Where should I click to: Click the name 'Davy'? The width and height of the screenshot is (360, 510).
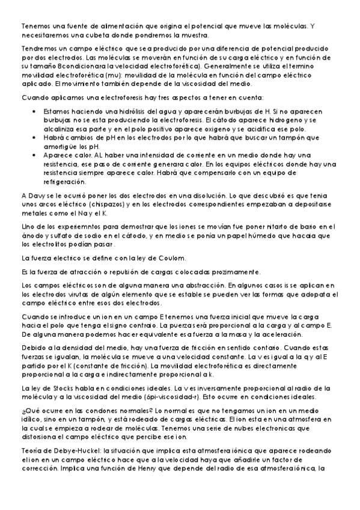click(x=37, y=195)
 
